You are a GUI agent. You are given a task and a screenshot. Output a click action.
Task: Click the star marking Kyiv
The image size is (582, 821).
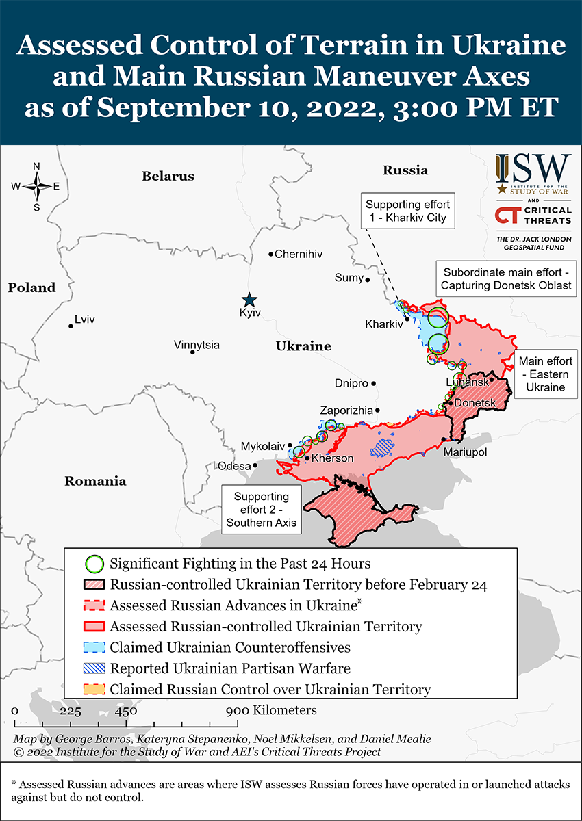(x=249, y=300)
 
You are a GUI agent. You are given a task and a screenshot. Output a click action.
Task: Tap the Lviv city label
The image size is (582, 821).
(x=85, y=320)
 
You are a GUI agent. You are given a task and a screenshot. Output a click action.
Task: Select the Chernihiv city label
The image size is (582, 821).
(x=298, y=254)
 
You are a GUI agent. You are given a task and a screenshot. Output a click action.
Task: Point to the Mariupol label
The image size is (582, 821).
(x=465, y=452)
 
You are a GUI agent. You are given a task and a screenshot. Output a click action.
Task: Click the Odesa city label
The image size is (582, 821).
(x=234, y=466)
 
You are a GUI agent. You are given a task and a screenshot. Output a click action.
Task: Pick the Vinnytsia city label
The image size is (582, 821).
(x=197, y=344)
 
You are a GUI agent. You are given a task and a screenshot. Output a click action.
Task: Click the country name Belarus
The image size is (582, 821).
(x=168, y=177)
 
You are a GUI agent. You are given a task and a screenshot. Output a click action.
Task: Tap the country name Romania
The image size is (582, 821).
(x=95, y=481)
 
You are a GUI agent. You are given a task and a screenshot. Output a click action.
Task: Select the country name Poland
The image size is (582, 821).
(x=31, y=288)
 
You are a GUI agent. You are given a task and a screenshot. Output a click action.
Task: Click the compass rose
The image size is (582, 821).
(x=36, y=186)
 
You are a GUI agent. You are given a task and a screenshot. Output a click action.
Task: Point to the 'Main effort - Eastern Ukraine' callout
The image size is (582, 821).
(x=545, y=374)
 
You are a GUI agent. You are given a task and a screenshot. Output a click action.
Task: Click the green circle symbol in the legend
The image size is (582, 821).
(x=94, y=564)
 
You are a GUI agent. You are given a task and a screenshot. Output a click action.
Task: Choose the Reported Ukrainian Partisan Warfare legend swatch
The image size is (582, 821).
(x=94, y=668)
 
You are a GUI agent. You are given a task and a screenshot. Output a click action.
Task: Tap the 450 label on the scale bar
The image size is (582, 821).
(x=126, y=711)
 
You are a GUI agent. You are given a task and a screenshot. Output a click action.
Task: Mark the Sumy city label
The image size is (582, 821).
(x=349, y=277)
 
